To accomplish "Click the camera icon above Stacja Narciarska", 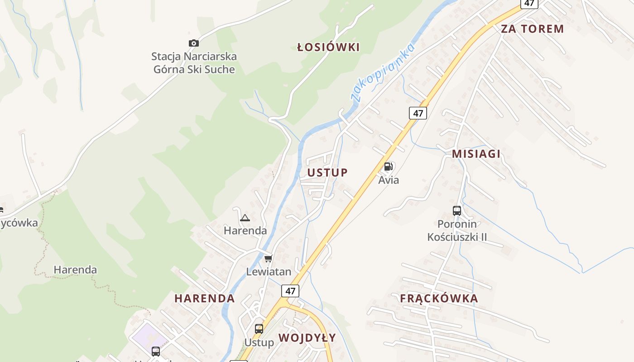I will pyautogui.click(x=194, y=43).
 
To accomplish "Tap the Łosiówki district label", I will pyautogui.click(x=328, y=47).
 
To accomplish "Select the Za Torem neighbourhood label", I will pyautogui.click(x=532, y=29).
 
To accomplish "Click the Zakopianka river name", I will pyautogui.click(x=383, y=72).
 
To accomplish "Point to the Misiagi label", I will pyautogui.click(x=476, y=154).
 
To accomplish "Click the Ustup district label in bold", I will pyautogui.click(x=327, y=172).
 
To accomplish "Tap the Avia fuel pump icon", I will pyautogui.click(x=388, y=167).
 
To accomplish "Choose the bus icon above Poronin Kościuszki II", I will pyautogui.click(x=457, y=210).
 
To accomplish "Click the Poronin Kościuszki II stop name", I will pyautogui.click(x=457, y=230).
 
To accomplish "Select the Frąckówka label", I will pyautogui.click(x=439, y=298).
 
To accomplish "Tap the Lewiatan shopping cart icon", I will pyautogui.click(x=268, y=258).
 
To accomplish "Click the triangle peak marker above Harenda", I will pyautogui.click(x=245, y=218).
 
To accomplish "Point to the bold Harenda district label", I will pyautogui.click(x=205, y=298).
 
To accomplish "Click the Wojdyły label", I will pyautogui.click(x=307, y=338).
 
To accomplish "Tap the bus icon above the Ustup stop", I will pyautogui.click(x=259, y=329).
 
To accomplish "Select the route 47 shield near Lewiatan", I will pyautogui.click(x=290, y=291).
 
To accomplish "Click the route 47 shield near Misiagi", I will pyautogui.click(x=418, y=113).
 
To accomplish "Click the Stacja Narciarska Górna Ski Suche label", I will pyautogui.click(x=194, y=63).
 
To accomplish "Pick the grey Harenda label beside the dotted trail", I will pyautogui.click(x=75, y=270).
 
